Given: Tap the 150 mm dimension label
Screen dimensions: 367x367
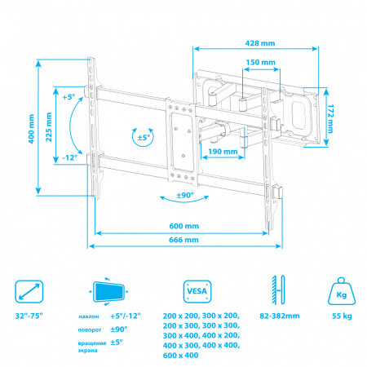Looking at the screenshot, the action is point(260,62).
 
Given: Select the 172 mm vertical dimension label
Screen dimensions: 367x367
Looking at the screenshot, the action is point(330,118).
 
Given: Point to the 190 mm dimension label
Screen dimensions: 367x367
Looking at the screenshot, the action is point(223,152).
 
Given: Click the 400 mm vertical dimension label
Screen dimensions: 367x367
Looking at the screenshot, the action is point(31,129).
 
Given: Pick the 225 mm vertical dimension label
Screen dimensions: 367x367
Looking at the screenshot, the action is point(49,127).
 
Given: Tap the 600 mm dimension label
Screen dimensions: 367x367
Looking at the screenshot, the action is point(184,226).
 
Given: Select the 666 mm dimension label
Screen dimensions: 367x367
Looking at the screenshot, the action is point(183,240).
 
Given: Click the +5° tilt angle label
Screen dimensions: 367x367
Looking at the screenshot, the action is point(69,97).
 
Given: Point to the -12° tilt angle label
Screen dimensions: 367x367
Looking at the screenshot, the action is point(70,157).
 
